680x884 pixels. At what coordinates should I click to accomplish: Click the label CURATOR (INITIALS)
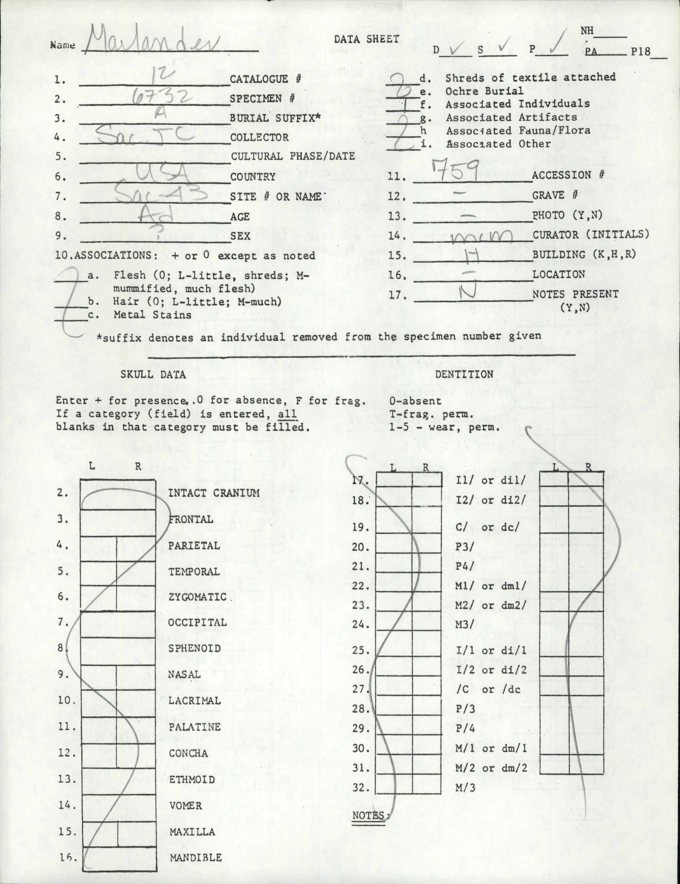590,234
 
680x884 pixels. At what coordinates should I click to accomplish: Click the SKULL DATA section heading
153,374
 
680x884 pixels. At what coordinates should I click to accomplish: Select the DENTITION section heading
464,374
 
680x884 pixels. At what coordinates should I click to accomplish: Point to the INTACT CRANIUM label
214,493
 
